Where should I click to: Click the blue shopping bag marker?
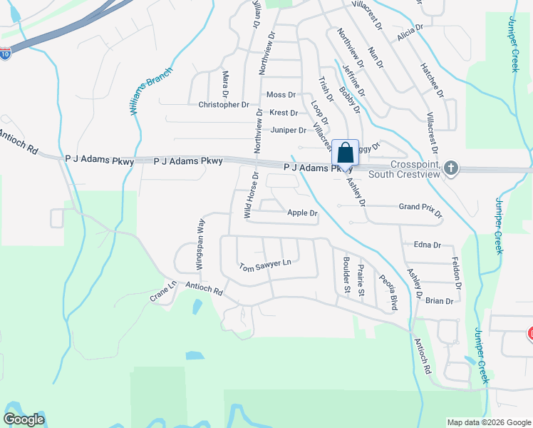click(346, 153)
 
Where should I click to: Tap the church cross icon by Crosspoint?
click(450, 169)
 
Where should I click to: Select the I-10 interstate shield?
click(6, 53)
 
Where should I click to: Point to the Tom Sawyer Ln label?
click(266, 265)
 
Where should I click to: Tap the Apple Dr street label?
click(302, 213)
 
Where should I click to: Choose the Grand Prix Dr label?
click(420, 210)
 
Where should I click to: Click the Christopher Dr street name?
click(224, 104)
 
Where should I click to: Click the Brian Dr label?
click(439, 301)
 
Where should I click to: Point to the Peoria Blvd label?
click(388, 291)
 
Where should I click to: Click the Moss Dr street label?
click(281, 95)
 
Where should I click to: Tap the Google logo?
click(24, 419)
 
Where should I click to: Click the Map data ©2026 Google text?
click(489, 422)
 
